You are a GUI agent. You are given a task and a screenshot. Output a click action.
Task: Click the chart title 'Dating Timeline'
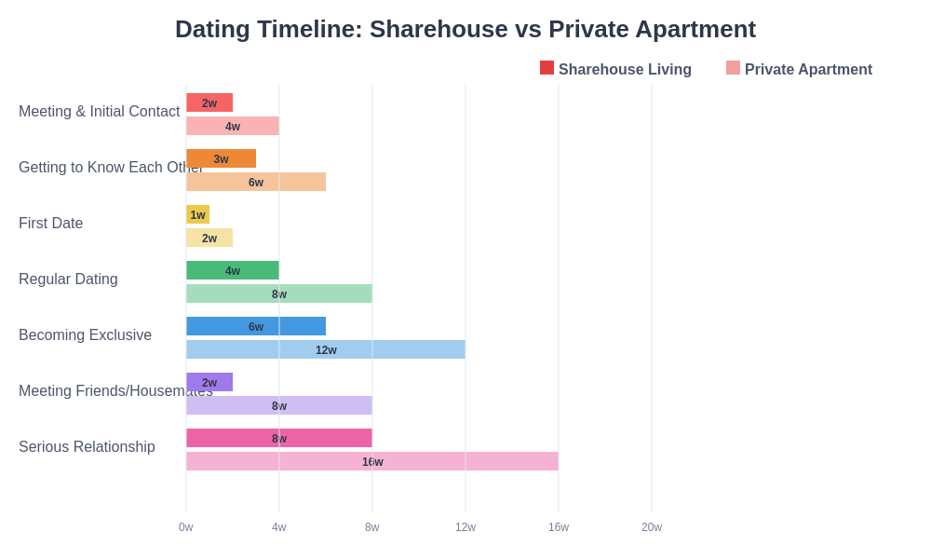465,29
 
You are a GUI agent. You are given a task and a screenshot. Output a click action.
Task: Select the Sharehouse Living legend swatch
546,68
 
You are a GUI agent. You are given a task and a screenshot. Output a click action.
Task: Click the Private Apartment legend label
808,70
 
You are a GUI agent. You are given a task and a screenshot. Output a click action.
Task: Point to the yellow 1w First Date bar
197,214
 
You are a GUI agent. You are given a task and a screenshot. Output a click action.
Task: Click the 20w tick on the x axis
652,527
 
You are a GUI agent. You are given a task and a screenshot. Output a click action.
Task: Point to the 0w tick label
186,527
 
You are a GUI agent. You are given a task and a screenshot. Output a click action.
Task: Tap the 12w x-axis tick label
465,527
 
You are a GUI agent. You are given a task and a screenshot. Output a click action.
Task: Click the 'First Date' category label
51,224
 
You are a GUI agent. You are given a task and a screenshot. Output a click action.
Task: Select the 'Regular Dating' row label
68,279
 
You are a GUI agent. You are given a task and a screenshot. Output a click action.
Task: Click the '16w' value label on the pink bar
372,462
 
